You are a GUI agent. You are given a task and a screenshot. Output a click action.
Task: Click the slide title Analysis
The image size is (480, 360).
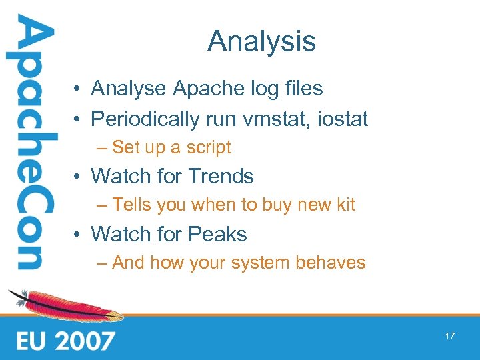(x=261, y=41)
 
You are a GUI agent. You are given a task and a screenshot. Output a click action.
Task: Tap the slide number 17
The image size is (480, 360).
(x=449, y=336)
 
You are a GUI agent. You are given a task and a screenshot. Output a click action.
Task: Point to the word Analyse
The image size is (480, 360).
(x=129, y=88)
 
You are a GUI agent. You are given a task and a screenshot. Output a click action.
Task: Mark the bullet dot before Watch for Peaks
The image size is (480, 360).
(x=78, y=235)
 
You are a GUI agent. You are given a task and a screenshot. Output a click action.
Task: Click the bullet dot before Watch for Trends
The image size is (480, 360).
(x=78, y=177)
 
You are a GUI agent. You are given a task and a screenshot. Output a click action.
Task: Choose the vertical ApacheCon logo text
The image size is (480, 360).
(x=28, y=143)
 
